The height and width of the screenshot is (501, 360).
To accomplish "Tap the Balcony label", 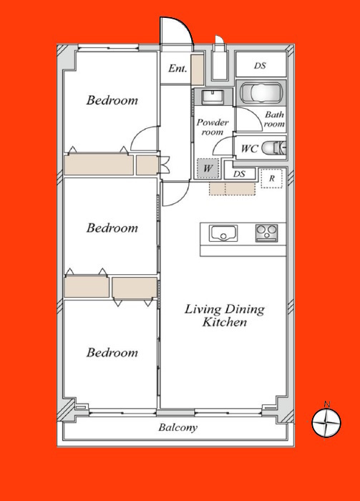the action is pos(178,427).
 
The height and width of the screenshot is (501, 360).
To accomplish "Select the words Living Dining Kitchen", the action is pos(225,316).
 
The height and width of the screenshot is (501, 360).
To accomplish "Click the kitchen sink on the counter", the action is pos(223,233).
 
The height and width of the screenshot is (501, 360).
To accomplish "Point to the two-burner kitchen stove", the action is pos(266,233).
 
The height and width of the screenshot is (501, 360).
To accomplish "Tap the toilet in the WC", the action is pos(273,148).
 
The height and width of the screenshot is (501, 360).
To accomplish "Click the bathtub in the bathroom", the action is pos(261,93).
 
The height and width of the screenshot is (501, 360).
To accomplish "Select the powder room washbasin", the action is pos(213,97).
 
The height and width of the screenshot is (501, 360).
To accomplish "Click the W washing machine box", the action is pos(208,168).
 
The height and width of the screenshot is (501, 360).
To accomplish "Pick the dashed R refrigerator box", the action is pos(271,178).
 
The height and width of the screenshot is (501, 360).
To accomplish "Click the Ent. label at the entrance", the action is pos(177,69).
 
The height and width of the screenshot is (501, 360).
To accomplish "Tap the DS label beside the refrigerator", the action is pos(239,174).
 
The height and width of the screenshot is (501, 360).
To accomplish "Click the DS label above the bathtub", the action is pos(260,66).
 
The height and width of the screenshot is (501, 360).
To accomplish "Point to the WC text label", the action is pos(250,149).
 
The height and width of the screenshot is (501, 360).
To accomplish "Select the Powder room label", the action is pos(213,127).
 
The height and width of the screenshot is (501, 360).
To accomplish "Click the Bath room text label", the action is pos(274,119).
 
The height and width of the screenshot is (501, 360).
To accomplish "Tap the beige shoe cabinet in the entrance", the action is pos(198,69).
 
